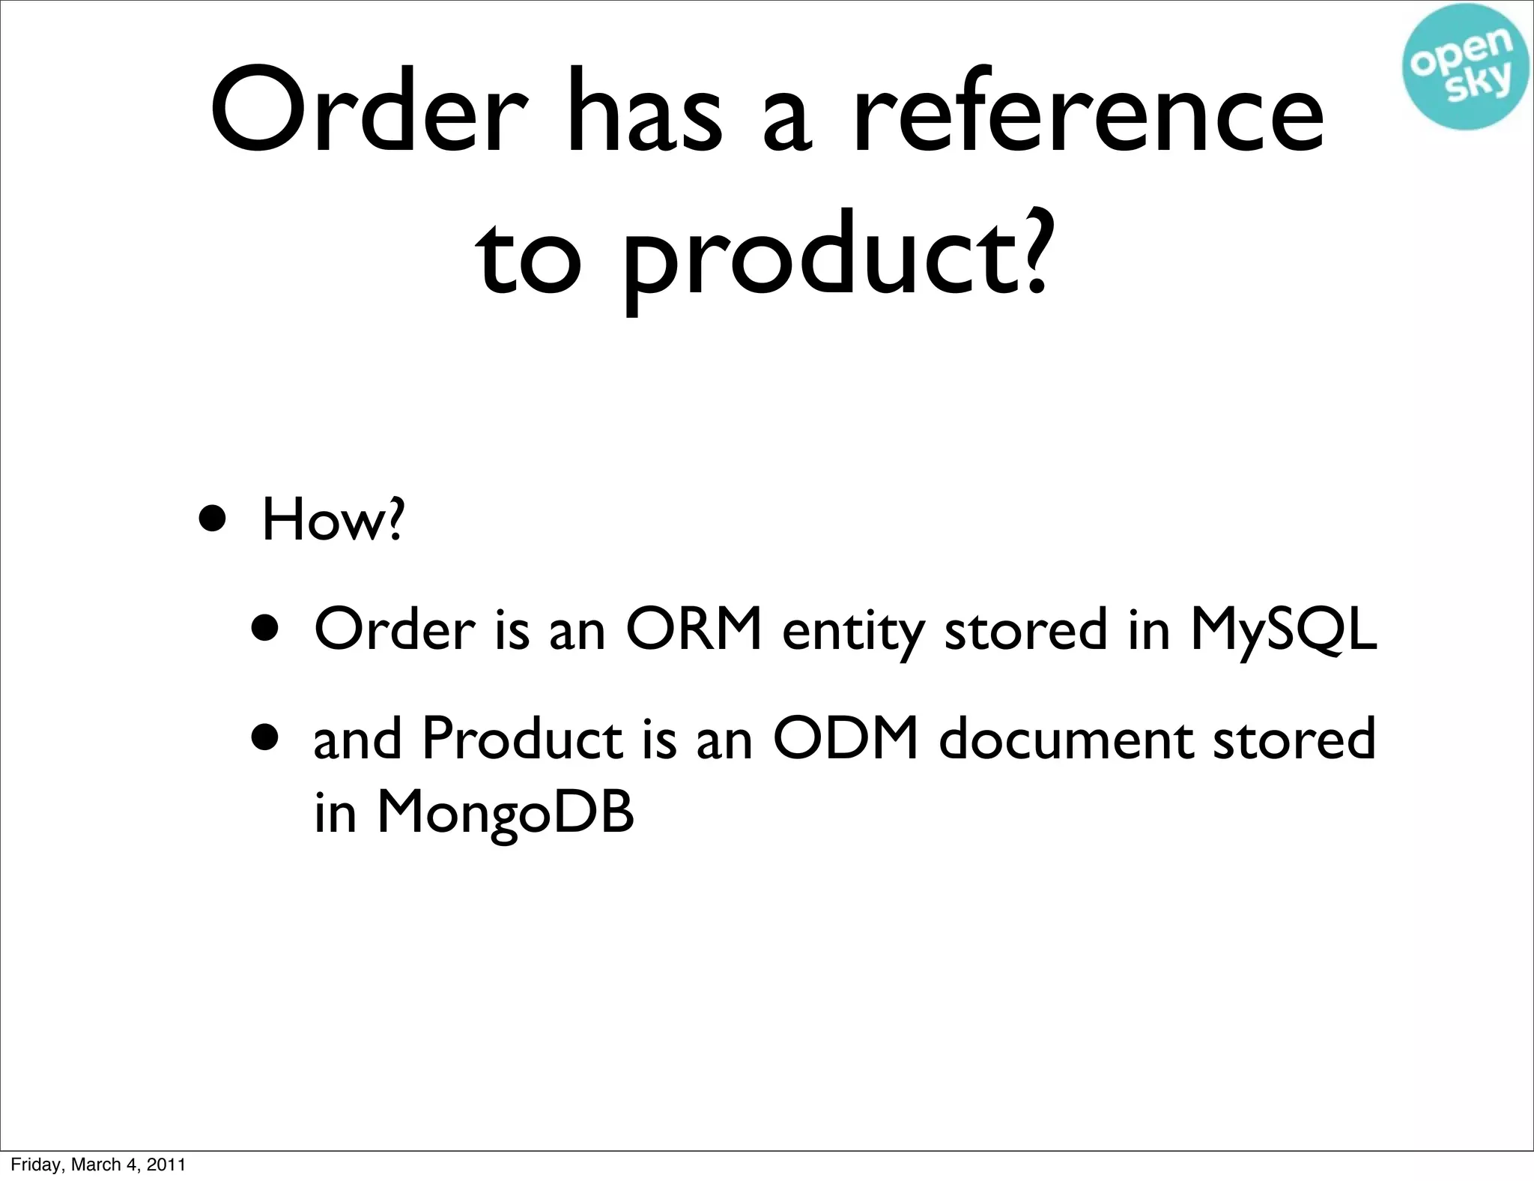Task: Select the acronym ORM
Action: pos(694,629)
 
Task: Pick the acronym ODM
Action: pos(846,738)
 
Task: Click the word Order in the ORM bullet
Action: pos(395,629)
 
